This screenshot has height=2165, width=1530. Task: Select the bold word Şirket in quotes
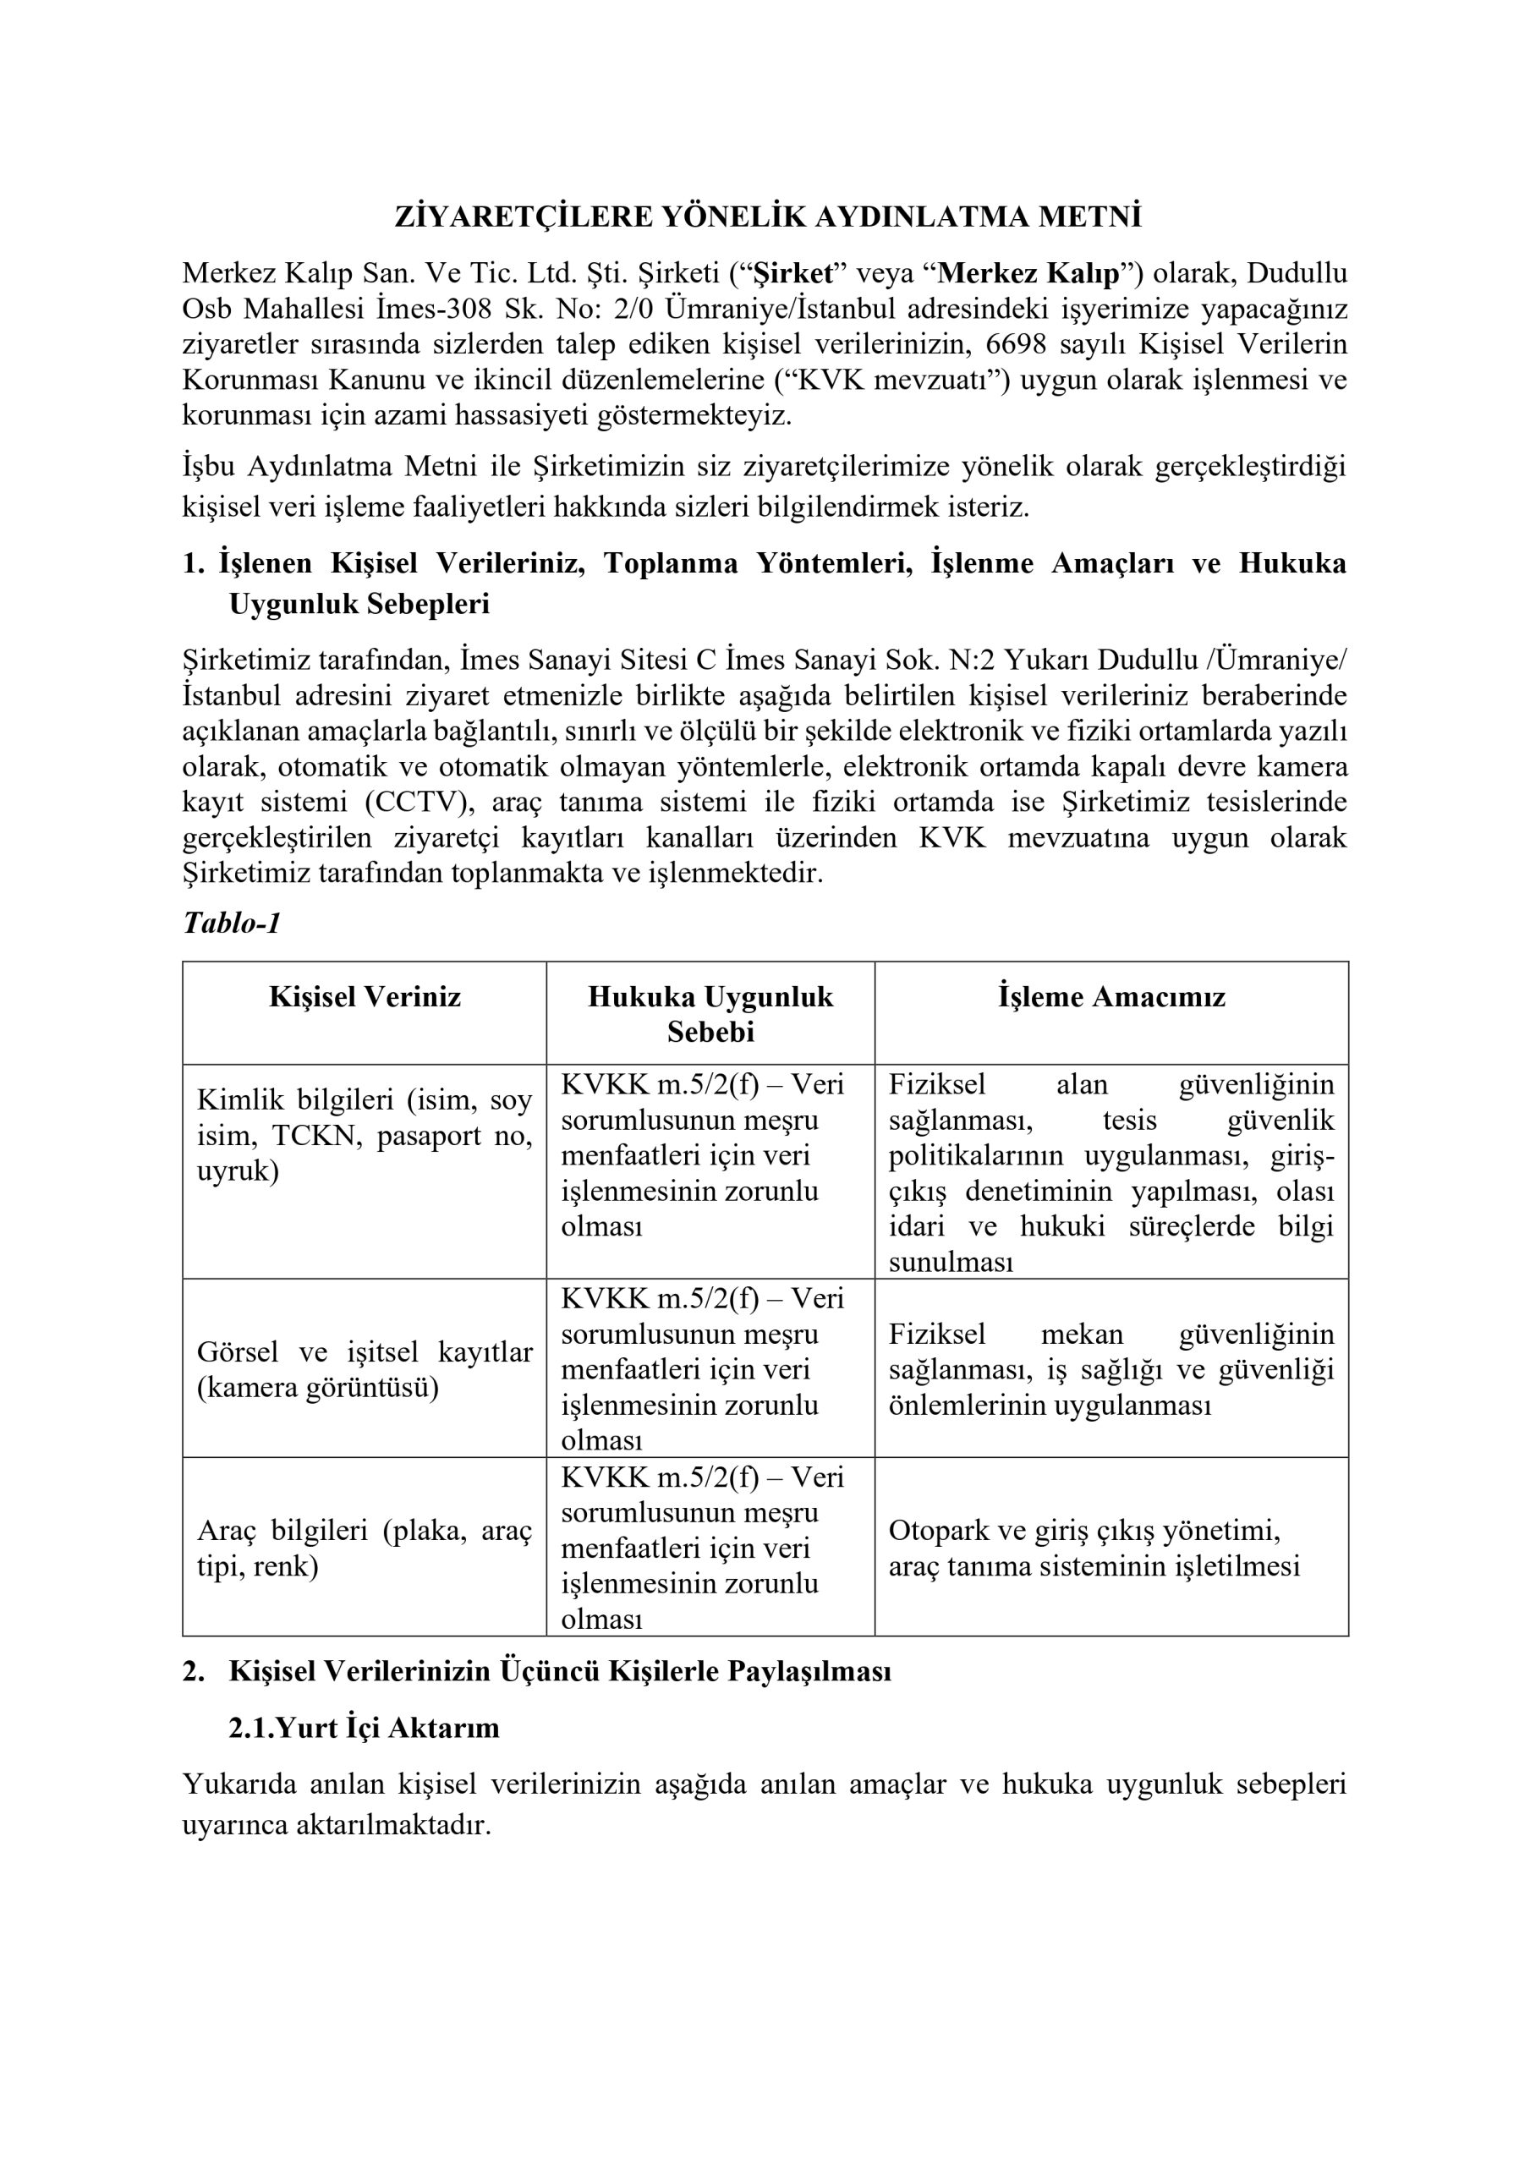pyautogui.click(x=795, y=273)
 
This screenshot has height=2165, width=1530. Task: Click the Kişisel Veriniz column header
pyautogui.click(x=365, y=997)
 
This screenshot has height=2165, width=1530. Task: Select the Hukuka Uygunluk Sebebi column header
pyautogui.click(x=710, y=1014)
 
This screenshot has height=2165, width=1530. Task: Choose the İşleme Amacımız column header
pyautogui.click(x=1111, y=997)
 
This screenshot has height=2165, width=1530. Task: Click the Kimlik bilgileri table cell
pyautogui.click(x=365, y=1135)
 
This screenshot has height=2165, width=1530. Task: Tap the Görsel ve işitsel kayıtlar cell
pyautogui.click(x=365, y=1369)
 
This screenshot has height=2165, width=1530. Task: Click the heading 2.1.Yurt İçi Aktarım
pyautogui.click(x=365, y=1728)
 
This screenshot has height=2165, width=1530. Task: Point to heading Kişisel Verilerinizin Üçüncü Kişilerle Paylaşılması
pyautogui.click(x=559, y=1671)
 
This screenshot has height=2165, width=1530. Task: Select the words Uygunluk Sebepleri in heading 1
pyautogui.click(x=359, y=604)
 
